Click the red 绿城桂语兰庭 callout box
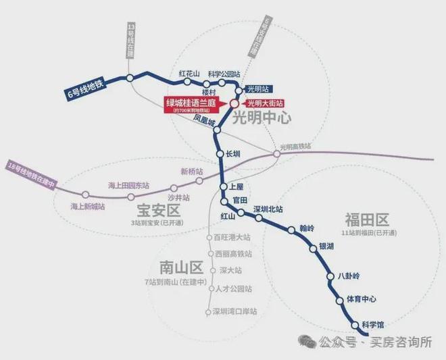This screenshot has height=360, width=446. tap(194, 105)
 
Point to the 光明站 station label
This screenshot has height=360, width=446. tap(259, 88)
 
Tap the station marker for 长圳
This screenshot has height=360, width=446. tap(220, 154)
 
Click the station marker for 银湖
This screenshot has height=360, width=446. tap(314, 249)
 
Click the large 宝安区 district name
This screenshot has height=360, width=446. tap(153, 208)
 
